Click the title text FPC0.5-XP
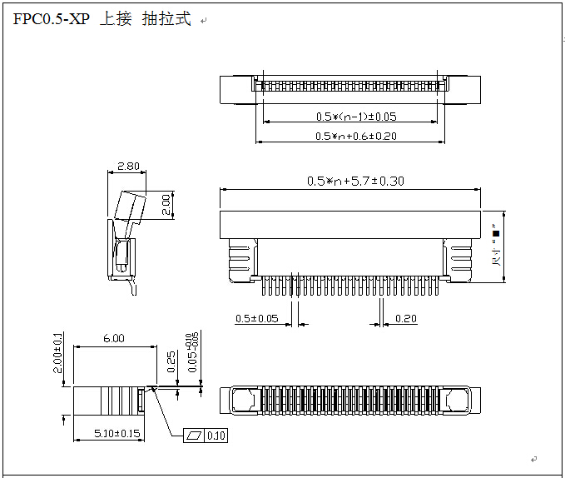pyautogui.click(x=51, y=19)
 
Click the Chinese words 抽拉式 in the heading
pyautogui.click(x=166, y=19)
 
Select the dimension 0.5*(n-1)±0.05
pyautogui.click(x=356, y=117)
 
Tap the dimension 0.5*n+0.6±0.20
pyautogui.click(x=356, y=136)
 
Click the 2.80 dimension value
pyautogui.click(x=128, y=167)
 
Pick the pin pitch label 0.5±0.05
pyautogui.click(x=257, y=318)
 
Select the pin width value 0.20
pyautogui.click(x=406, y=318)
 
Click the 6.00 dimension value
pyautogui.click(x=114, y=338)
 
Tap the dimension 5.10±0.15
pyautogui.click(x=109, y=433)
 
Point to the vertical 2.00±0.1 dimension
pyautogui.click(x=57, y=354)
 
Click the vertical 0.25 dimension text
pyautogui.click(x=171, y=361)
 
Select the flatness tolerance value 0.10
pyautogui.click(x=216, y=435)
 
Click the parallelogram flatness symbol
pyautogui.click(x=196, y=435)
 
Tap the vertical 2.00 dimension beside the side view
pyautogui.click(x=166, y=203)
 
